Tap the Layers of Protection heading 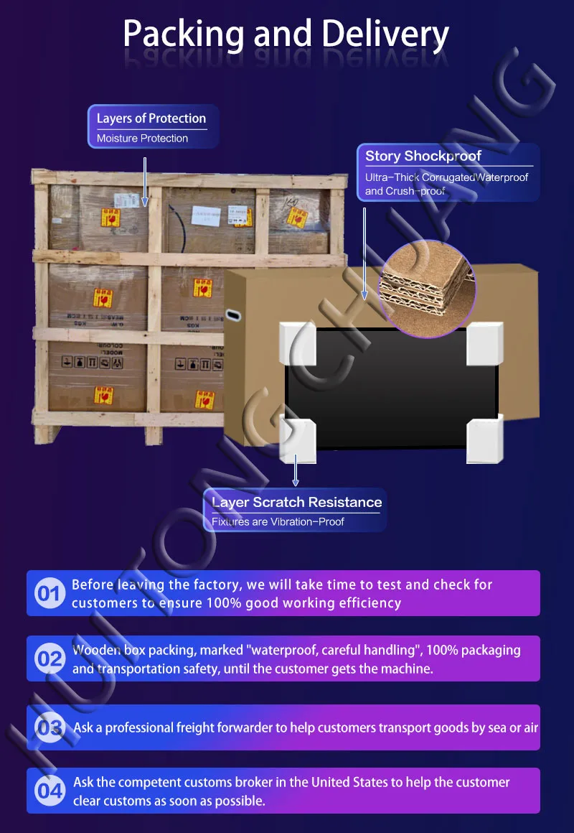pos(151,118)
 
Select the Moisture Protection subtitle pos(142,139)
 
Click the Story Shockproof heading pos(423,156)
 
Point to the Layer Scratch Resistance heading pos(297,502)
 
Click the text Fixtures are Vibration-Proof pos(278,522)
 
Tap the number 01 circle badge pos(50,594)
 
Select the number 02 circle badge pos(50,659)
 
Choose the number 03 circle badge pos(50,727)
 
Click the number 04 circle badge pos(50,791)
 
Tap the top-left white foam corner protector pos(296,343)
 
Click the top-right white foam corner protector pos(484,343)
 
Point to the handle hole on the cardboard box pos(233,314)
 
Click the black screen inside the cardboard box pos(391,388)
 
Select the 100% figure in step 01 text pos(225,603)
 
